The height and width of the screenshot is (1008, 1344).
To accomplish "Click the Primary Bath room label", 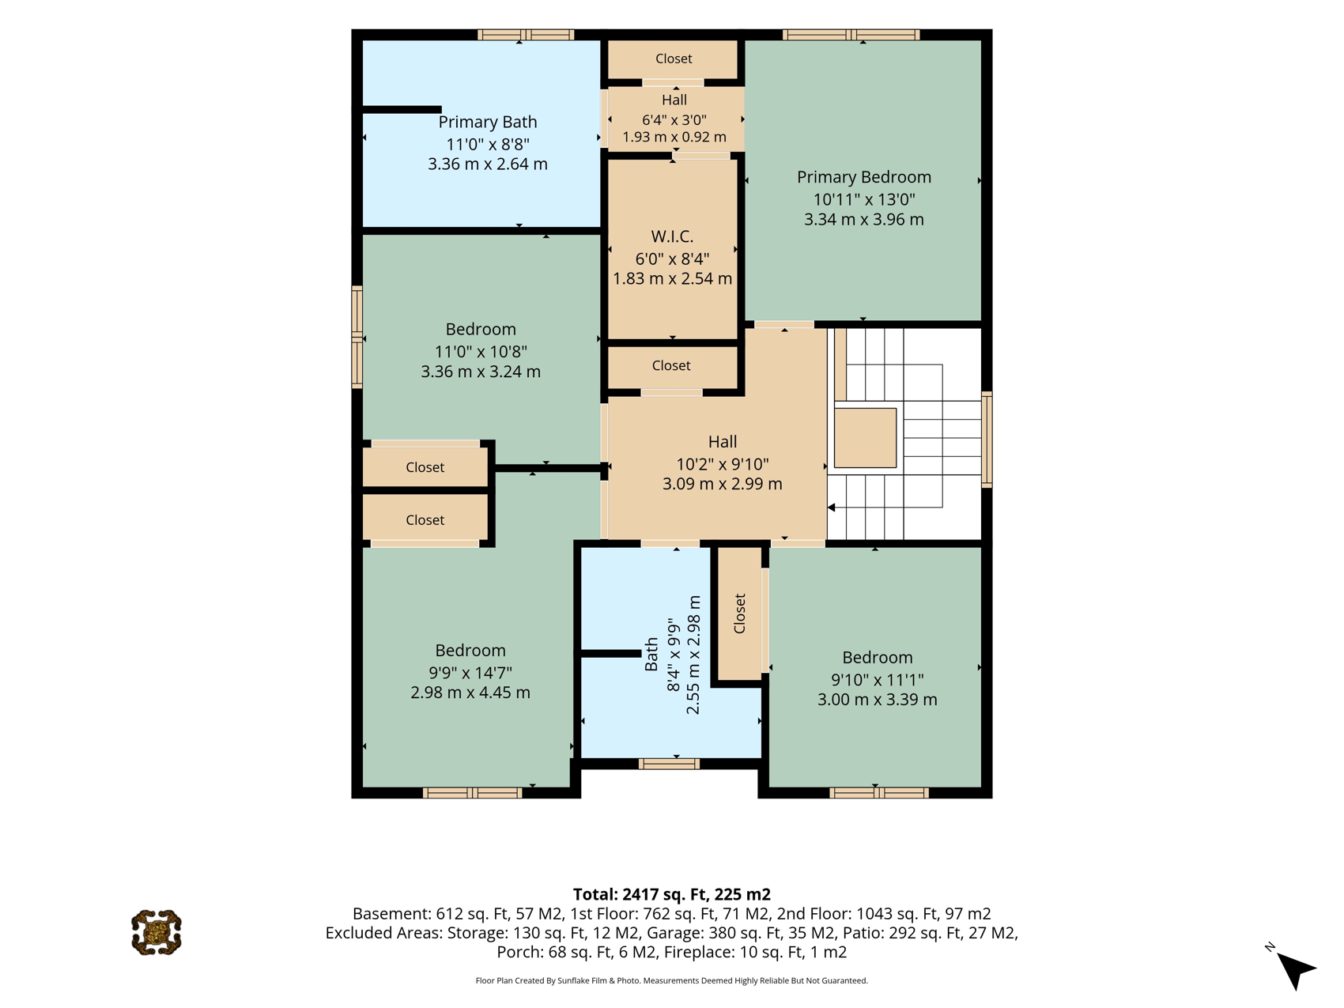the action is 488,122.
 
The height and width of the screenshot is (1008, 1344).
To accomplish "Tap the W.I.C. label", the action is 672,236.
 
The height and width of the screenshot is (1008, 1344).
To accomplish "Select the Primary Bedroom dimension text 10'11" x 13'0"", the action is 864,199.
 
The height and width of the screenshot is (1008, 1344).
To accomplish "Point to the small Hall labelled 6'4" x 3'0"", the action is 674,100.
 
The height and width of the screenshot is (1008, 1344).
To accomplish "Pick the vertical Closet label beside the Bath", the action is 740,613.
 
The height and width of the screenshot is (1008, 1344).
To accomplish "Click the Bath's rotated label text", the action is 651,655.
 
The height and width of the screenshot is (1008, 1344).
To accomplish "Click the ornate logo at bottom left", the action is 157,932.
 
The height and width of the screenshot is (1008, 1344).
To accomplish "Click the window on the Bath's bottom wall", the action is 669,764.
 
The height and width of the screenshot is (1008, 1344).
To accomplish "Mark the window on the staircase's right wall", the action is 987,439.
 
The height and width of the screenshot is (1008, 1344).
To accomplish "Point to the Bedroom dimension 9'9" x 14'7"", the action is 470,673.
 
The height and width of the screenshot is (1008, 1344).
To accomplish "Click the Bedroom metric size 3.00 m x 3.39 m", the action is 878,700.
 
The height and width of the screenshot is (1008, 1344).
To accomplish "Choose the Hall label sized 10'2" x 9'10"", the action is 723,442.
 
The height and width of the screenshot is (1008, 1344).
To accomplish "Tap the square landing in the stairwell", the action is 866,438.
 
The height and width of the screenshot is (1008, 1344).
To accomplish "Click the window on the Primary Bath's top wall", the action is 526,35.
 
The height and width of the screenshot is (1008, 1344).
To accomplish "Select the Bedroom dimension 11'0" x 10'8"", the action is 481,352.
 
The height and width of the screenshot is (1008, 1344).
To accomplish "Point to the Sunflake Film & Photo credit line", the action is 672,980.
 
